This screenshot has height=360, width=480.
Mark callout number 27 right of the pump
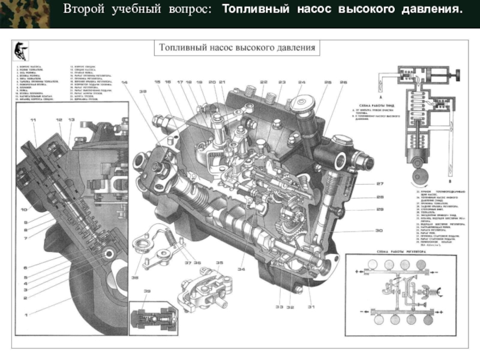[x=380, y=184]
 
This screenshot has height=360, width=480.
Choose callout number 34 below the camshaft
[x=241, y=269]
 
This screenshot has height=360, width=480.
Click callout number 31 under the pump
[x=311, y=307]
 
